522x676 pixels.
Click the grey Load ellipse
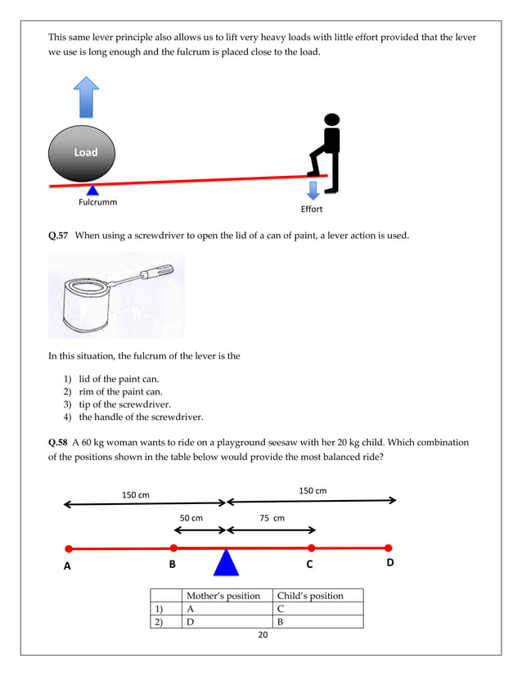click(x=82, y=153)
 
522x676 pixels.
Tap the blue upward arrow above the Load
click(x=85, y=97)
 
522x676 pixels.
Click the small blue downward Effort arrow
click(x=313, y=191)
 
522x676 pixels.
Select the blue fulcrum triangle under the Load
click(x=92, y=191)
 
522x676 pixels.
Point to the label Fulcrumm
click(x=97, y=202)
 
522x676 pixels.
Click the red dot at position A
click(x=69, y=548)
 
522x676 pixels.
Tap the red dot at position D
click(x=389, y=548)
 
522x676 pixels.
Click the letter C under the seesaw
click(x=310, y=564)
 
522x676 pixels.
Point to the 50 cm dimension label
click(x=191, y=518)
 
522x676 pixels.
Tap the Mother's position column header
click(x=223, y=596)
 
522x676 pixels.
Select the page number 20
click(x=263, y=636)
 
